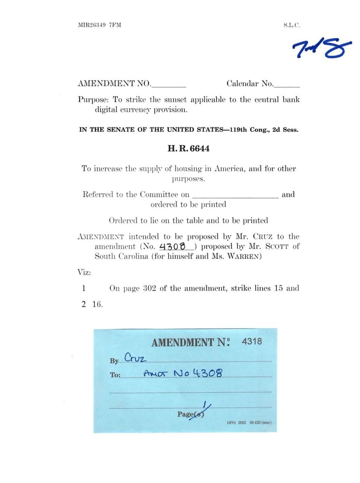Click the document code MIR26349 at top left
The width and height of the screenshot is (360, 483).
click(92, 25)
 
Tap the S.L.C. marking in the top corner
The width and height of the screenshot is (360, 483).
click(291, 25)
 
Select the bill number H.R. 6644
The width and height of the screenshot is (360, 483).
click(188, 149)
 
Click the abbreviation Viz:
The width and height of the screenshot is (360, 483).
click(84, 272)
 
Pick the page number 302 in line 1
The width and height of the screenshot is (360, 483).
click(149, 288)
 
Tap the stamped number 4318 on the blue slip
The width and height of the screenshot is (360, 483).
click(252, 342)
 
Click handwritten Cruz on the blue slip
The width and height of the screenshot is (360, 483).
click(136, 357)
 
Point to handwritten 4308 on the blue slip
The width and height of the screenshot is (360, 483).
click(207, 373)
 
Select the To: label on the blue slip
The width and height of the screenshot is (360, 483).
click(115, 375)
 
